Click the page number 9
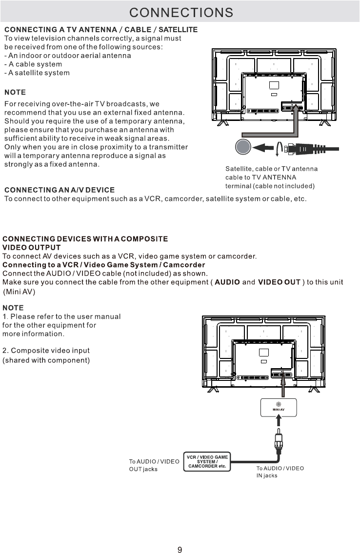(x=180, y=536)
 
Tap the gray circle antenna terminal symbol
(x=242, y=147)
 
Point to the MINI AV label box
(x=278, y=407)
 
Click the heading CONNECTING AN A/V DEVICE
(x=59, y=190)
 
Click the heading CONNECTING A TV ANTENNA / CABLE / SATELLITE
(x=101, y=30)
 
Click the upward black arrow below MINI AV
(x=278, y=424)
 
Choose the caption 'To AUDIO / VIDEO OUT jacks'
(x=154, y=465)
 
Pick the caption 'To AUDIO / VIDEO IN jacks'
(x=280, y=472)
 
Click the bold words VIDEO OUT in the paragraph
(x=279, y=282)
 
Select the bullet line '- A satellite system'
(x=37, y=73)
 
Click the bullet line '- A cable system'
(x=33, y=64)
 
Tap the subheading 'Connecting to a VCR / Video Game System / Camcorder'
(x=104, y=265)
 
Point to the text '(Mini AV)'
(x=20, y=292)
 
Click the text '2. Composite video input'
(x=46, y=351)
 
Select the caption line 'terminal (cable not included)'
(x=270, y=186)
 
